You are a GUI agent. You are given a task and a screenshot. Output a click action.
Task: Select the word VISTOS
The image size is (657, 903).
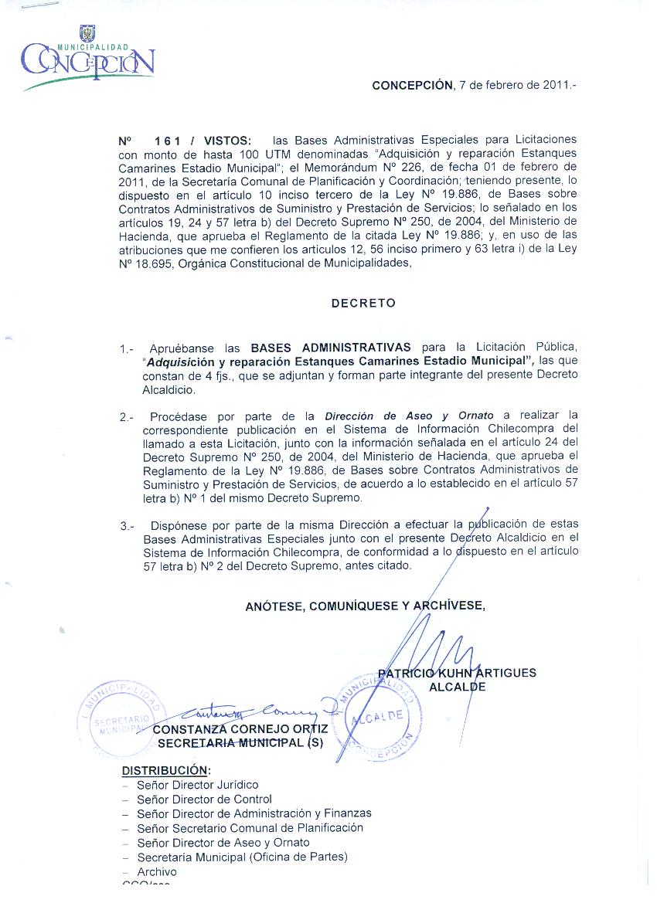227,141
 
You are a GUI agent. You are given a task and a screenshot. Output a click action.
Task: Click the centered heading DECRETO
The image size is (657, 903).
363,304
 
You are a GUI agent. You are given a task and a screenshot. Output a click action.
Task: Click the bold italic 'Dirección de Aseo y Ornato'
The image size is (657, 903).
409,416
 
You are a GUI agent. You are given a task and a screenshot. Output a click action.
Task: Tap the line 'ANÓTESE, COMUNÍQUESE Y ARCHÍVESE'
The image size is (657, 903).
365,606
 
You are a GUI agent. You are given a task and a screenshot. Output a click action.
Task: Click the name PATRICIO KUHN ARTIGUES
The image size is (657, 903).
458,673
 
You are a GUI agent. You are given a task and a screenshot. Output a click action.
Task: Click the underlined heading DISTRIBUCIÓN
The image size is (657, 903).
166,770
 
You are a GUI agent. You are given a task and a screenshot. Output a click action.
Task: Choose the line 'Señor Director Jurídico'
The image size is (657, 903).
197,785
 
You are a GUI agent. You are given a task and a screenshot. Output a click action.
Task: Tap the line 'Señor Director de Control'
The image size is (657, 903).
204,799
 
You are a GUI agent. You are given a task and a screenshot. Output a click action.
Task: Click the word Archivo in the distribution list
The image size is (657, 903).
157,871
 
